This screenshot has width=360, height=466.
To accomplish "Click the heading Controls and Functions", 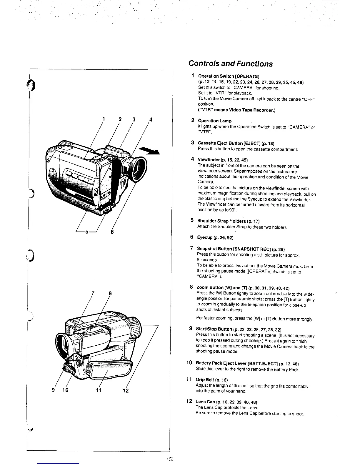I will click(x=230, y=64).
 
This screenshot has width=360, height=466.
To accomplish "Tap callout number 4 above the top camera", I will click(x=151, y=119).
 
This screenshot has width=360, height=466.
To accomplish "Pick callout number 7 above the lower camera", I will click(x=93, y=293).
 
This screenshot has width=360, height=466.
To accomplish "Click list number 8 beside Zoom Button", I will click(x=191, y=287).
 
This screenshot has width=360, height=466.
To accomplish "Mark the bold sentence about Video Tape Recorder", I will click(x=236, y=110).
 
